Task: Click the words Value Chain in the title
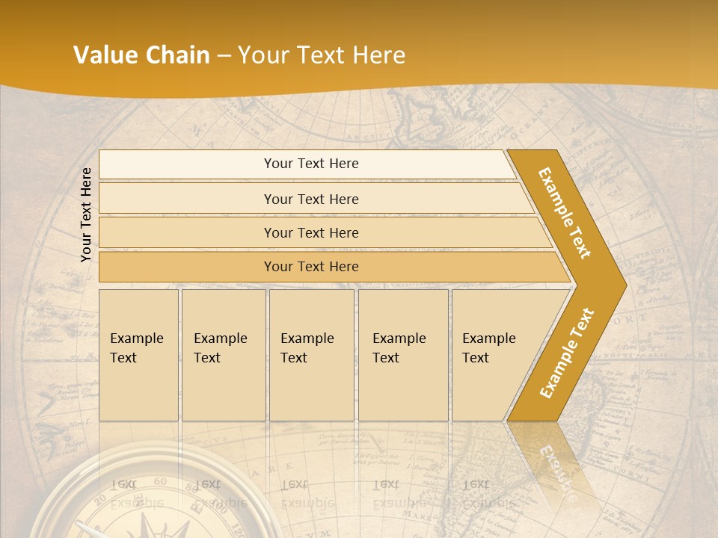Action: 141,55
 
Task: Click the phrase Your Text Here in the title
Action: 322,55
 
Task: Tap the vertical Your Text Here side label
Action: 86,214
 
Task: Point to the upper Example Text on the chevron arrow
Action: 565,213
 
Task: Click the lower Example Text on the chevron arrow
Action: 566,353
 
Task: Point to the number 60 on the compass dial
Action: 159,483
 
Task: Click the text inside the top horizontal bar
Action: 311,164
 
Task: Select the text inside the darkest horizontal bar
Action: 311,267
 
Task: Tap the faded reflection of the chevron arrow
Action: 550,463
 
